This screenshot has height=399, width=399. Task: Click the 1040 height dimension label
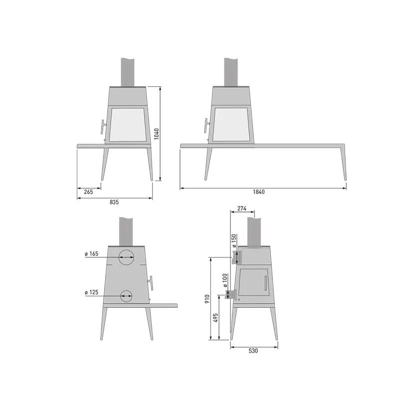point(157,134)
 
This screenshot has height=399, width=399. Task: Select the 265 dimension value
point(88,192)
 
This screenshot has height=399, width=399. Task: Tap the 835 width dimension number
point(114,202)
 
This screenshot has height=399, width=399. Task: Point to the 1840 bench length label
point(259,192)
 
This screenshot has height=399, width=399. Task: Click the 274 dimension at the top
point(242,208)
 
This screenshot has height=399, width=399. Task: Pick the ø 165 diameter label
point(91,254)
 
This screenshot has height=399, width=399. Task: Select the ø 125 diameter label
point(91,292)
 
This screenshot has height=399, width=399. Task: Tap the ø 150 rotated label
point(234,241)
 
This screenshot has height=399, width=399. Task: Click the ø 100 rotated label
point(224,280)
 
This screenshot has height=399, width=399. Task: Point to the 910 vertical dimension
point(207,299)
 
